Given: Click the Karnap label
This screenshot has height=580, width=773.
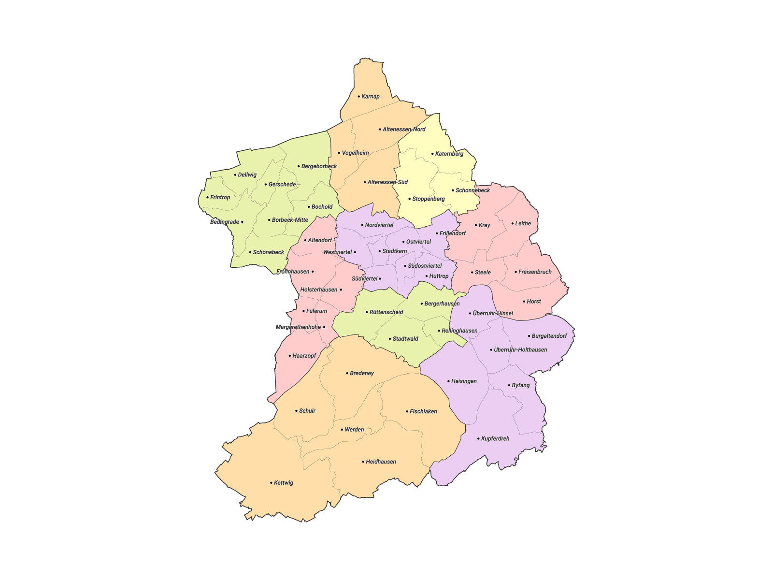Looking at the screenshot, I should point(371,97).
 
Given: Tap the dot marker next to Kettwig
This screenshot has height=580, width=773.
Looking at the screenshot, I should point(271,483).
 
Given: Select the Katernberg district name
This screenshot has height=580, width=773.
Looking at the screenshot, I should point(449,154).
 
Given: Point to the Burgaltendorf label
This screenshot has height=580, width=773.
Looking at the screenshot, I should point(549,336).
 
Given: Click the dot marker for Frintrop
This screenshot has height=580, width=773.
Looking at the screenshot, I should point(208,197).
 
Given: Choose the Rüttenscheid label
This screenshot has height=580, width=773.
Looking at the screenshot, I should point(386,312).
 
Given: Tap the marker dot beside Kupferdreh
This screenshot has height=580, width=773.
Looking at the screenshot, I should point(478,439).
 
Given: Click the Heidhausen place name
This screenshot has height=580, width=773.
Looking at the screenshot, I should point(381,462).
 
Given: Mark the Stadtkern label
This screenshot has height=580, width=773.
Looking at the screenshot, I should point(394,251).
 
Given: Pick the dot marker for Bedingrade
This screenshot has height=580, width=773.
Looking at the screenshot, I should point(242,222).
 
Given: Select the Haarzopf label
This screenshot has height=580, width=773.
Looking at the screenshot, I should point(304,356).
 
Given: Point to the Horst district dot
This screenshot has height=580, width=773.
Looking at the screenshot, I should point(524,302).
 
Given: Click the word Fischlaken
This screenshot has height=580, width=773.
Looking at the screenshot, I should point(423,411).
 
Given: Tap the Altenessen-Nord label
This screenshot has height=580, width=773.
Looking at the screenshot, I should point(404,130).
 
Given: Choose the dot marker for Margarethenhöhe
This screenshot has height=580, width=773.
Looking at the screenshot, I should point(324,327).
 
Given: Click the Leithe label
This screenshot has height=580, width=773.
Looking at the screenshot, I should point(523,223).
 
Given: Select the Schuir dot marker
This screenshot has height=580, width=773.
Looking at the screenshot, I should point(296,411).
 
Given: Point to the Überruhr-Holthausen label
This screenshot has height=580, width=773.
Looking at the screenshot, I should point(520,350).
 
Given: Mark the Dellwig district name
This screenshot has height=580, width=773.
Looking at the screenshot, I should point(247,175).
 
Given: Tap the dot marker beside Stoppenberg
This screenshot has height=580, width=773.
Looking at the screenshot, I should point(410,199).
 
